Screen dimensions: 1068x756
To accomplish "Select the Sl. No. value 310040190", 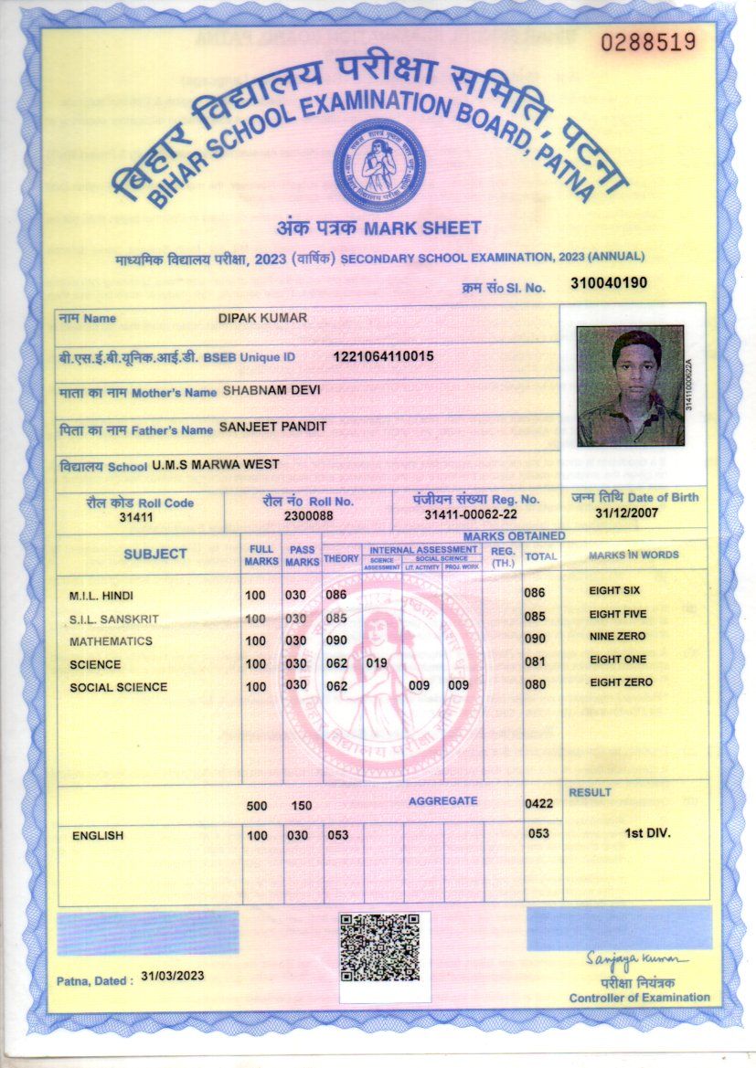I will tap(609, 283).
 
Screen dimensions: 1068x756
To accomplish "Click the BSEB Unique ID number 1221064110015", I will tap(383, 355).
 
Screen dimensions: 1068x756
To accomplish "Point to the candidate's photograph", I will tap(631, 386).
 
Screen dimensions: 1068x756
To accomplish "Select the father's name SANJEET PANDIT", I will tap(272, 427).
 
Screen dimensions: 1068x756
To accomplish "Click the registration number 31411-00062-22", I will tap(471, 516).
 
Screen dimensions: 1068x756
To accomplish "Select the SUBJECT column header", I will tap(155, 554).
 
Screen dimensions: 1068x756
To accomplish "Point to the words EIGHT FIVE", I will tap(617, 614).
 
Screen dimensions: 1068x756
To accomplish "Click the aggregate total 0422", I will tap(539, 804).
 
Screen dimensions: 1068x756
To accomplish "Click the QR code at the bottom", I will tap(379, 947).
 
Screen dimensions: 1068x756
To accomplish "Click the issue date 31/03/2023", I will tap(173, 976).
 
